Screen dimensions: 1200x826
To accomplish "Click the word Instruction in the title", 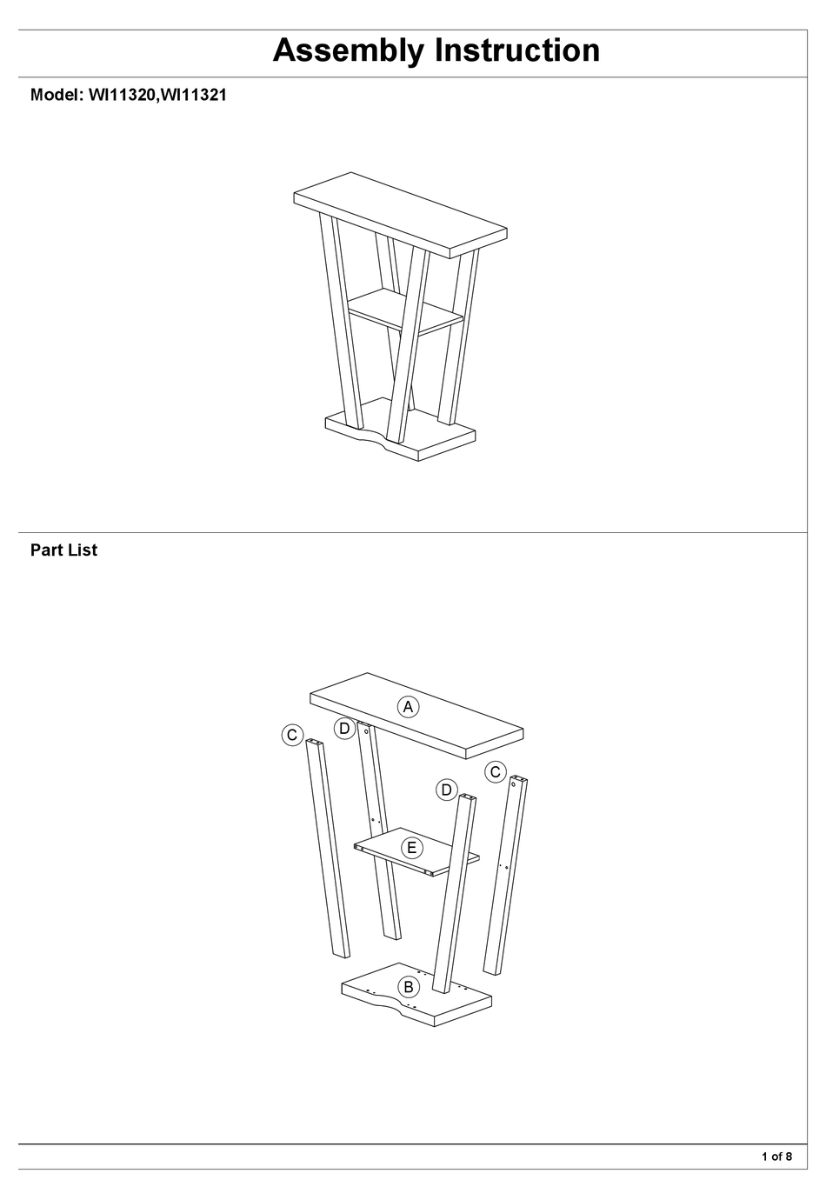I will pyautogui.click(x=517, y=50).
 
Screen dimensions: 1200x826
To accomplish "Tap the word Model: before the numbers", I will pyautogui.click(x=57, y=96).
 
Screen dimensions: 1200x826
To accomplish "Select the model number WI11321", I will pyautogui.click(x=193, y=96).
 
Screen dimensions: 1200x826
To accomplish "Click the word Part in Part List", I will pyautogui.click(x=46, y=550).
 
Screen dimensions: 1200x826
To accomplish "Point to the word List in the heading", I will pyautogui.click(x=83, y=550).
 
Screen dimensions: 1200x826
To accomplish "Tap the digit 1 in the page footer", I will pyautogui.click(x=765, y=1157).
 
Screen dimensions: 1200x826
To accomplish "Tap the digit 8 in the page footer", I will pyautogui.click(x=789, y=1157).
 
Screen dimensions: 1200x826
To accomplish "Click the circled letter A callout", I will pyautogui.click(x=407, y=707).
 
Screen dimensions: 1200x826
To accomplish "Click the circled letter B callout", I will pyautogui.click(x=408, y=987).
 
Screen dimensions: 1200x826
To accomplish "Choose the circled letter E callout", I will pyautogui.click(x=410, y=847).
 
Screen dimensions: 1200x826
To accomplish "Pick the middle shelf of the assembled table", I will pyautogui.click(x=404, y=310).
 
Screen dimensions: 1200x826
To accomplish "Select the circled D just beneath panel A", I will pyautogui.click(x=344, y=729).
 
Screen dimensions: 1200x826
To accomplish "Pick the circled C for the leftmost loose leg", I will pyautogui.click(x=292, y=736).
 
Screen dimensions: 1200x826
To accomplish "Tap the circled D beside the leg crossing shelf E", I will pyautogui.click(x=446, y=790).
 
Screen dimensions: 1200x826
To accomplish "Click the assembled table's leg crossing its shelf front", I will pyautogui.click(x=409, y=348).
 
